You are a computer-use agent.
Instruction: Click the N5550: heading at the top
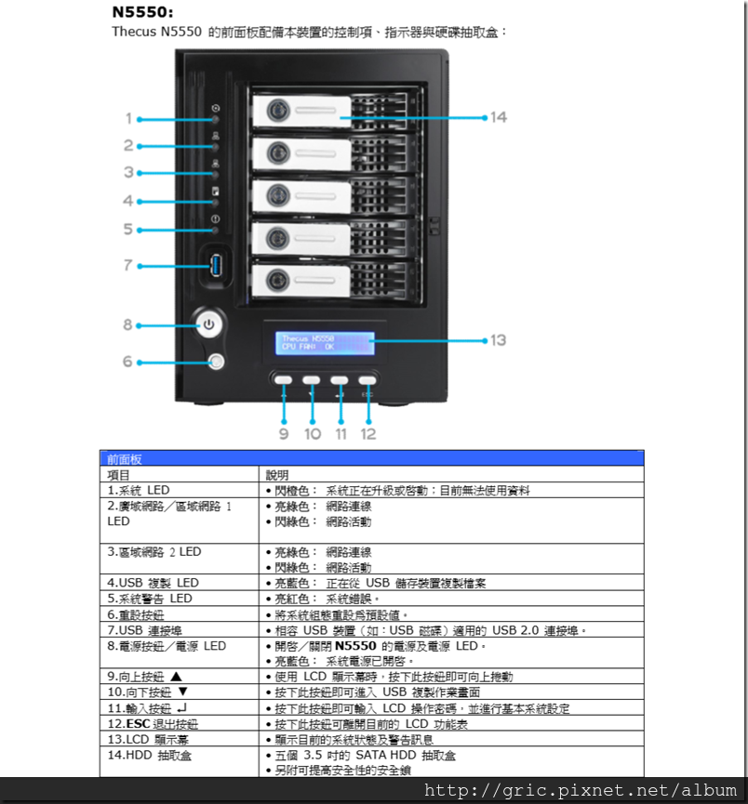pos(142,14)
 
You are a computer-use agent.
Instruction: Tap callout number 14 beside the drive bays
pos(499,117)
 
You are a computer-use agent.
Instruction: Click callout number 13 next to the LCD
pos(499,340)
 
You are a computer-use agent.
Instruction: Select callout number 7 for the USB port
pos(128,266)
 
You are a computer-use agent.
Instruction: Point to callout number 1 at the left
pos(128,119)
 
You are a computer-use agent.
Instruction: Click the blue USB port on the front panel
pos(217,266)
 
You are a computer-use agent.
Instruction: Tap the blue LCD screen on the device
pos(324,344)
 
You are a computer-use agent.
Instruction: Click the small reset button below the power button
pos(217,361)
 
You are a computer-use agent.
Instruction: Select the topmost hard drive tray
pos(335,112)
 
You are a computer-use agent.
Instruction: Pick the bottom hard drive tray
pos(335,280)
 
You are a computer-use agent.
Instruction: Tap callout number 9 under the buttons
pos(284,434)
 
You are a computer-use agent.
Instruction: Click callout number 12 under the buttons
pos(368,434)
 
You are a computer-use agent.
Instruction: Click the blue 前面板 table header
pos(371,458)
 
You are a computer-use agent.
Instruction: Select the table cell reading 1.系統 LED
pos(139,490)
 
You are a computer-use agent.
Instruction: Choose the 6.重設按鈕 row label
pos(137,614)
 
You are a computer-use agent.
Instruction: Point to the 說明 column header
pos(278,474)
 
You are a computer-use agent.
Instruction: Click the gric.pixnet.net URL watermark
pos(581,790)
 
